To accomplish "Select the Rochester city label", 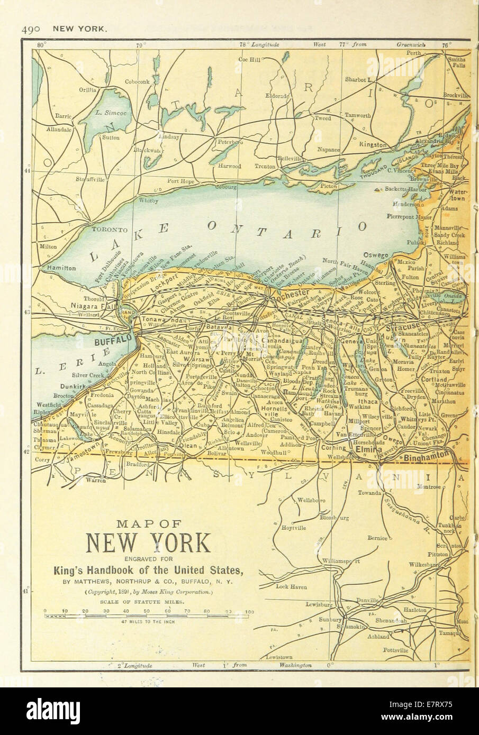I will pyautogui.click(x=291, y=292).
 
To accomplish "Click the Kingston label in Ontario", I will pyautogui.click(x=373, y=144).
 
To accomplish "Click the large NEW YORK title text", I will pyautogui.click(x=148, y=543).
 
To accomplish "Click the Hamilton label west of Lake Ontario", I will pyautogui.click(x=61, y=268).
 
